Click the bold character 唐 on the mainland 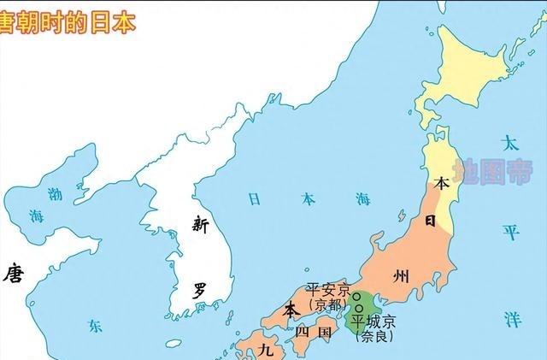click(x=13, y=274)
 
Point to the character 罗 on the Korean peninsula click(x=199, y=289)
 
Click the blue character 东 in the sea click(x=94, y=325)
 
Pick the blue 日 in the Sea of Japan click(x=254, y=199)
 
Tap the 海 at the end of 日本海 click(x=363, y=200)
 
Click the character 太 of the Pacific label click(x=510, y=143)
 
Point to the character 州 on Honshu click(x=401, y=275)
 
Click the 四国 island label click(x=312, y=331)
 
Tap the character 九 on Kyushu click(x=267, y=350)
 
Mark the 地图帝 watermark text click(x=485, y=171)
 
